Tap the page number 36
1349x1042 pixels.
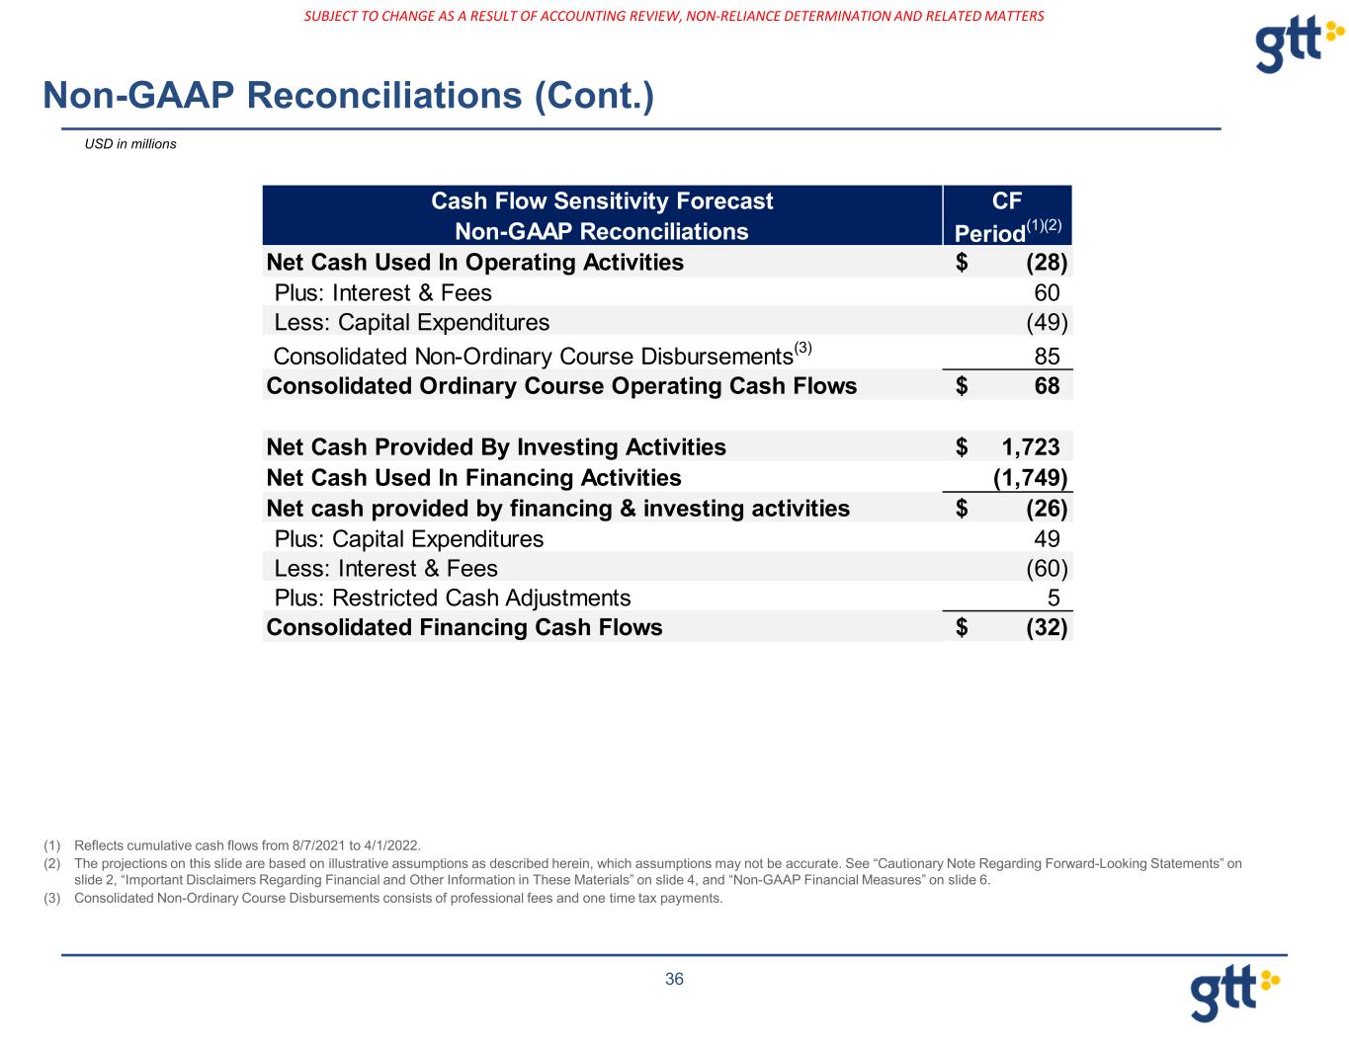674,979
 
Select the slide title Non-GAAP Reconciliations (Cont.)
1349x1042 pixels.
348,95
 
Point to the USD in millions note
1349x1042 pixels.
130,144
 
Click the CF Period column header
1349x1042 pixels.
1007,216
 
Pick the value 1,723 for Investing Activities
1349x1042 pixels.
1024,447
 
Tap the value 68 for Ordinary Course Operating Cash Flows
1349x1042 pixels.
1047,386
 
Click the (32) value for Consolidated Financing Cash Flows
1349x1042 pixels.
1047,628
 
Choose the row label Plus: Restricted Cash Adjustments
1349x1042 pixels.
452,599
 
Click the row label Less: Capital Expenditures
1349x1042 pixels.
411,323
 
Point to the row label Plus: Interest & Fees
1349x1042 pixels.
382,293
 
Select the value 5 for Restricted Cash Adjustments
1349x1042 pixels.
1054,599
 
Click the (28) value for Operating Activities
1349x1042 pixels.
1047,263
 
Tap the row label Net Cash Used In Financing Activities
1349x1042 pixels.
473,478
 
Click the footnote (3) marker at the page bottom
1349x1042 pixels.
52,899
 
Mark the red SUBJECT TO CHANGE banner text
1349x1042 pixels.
674,16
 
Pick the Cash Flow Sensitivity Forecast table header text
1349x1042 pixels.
602,201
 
